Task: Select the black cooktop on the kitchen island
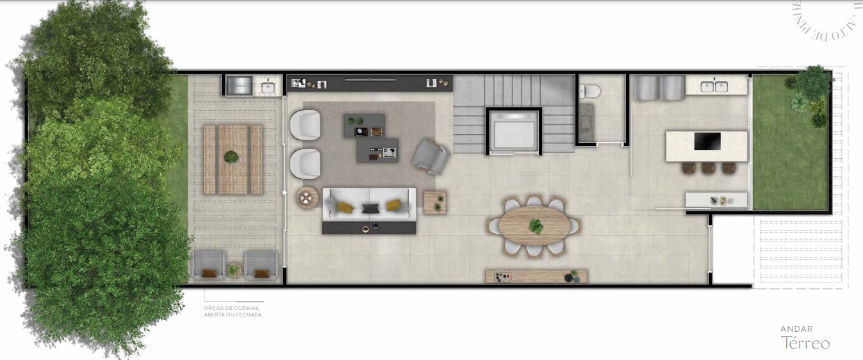coord(707,141)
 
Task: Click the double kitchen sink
coord(714,86)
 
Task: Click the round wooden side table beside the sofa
coord(307,197)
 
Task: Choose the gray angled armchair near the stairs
coord(430,154)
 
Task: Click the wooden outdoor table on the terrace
coord(233,159)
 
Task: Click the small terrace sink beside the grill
coord(267,86)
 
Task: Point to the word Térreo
coord(805,343)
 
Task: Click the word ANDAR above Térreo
coord(796,329)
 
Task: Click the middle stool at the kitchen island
coord(707,168)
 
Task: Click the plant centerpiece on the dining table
coord(536,225)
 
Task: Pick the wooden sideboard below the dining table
coord(536,277)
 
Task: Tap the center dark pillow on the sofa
coord(370,208)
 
